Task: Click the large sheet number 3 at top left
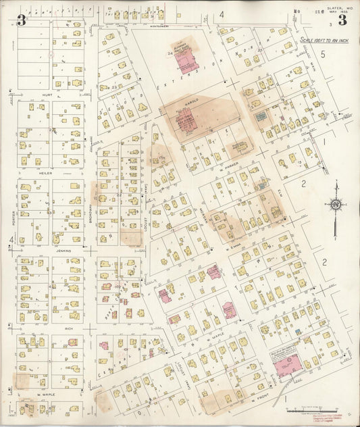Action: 22,19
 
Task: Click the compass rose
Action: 335,204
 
